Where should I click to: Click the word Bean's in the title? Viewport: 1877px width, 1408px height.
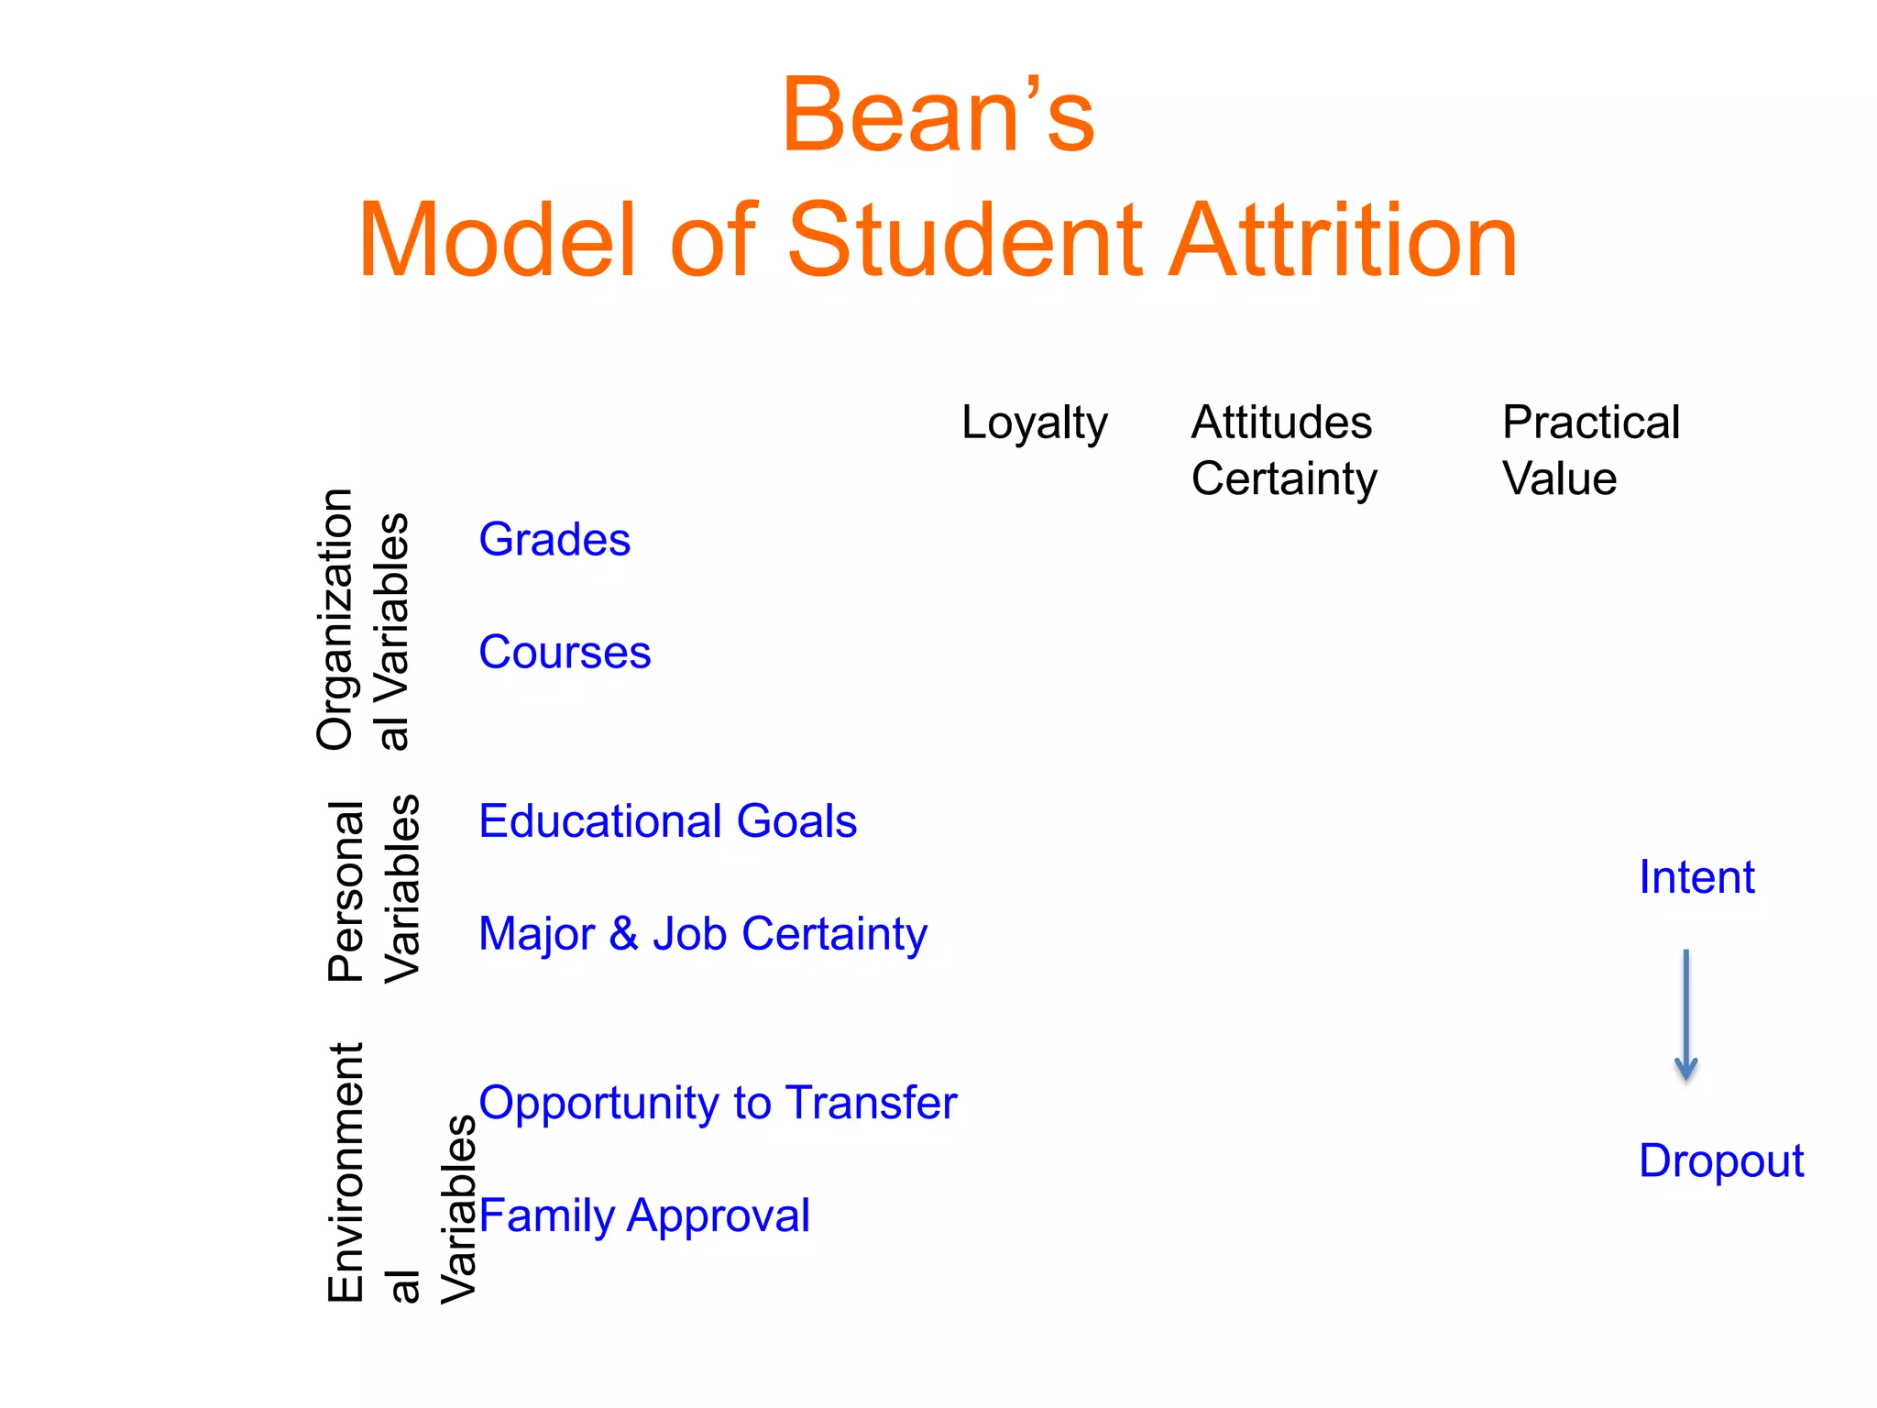(938, 116)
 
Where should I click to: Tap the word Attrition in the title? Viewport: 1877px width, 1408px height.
(1343, 241)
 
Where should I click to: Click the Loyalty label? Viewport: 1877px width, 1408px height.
(1034, 424)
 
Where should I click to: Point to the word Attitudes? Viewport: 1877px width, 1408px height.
(1281, 423)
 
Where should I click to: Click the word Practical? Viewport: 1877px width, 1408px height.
(1590, 423)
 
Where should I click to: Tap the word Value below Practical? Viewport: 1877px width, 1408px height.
(1559, 478)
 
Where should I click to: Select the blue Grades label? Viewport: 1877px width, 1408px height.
(554, 539)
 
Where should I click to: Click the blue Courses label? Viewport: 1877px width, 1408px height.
(565, 652)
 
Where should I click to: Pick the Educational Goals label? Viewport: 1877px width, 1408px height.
(667, 820)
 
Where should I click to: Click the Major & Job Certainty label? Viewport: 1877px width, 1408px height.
(702, 934)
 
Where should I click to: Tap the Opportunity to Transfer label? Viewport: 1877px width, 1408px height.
(718, 1103)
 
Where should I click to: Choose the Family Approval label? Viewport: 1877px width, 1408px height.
(644, 1216)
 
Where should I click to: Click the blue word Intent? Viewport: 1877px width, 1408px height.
(1696, 877)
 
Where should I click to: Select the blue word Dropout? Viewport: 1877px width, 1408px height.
(1720, 1160)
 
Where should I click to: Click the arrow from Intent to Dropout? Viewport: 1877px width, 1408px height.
(1685, 1016)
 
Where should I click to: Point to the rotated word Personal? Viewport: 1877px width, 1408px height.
(346, 891)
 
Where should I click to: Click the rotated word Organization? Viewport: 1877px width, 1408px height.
(335, 620)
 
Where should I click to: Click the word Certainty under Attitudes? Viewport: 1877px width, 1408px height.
(1283, 478)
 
